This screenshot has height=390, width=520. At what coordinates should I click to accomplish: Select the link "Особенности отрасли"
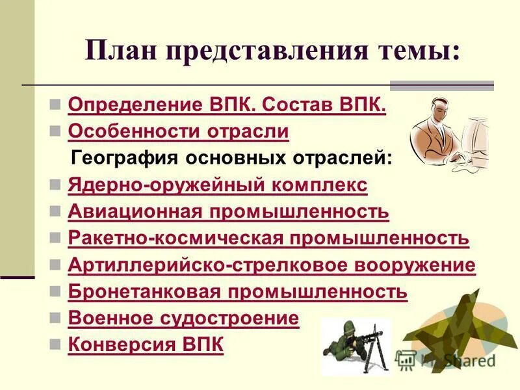[178, 131]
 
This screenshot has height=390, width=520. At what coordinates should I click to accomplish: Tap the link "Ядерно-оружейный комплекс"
[217, 185]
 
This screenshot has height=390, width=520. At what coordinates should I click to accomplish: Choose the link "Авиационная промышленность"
[228, 212]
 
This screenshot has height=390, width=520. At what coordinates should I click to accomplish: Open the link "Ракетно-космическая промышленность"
[268, 239]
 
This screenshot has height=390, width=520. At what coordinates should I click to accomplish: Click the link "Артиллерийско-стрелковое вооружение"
[271, 265]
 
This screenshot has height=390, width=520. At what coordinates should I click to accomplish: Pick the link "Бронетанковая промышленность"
[237, 292]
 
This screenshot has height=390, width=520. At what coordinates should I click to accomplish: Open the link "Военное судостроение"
[183, 318]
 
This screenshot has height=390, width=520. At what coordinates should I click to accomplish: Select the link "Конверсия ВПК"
[146, 345]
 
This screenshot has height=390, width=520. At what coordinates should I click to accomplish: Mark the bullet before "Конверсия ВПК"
[56, 345]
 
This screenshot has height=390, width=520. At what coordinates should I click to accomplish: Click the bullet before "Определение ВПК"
[56, 105]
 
